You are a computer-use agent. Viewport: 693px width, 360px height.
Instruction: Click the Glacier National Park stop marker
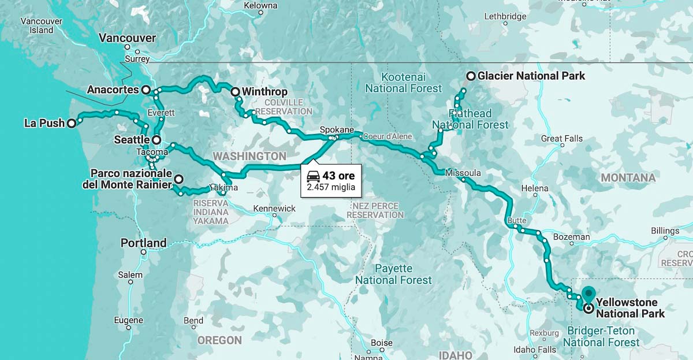[x=471, y=76]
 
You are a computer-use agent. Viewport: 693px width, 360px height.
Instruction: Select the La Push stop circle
[x=71, y=123]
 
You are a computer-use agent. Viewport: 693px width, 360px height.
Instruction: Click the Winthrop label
[x=264, y=92]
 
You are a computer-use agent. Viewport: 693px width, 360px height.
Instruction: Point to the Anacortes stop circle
[x=146, y=90]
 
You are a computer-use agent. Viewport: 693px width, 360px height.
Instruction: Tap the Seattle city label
[x=132, y=140]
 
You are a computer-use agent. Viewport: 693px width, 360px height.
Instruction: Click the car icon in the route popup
[x=313, y=176]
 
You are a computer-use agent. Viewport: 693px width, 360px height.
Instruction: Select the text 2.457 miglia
[x=331, y=187]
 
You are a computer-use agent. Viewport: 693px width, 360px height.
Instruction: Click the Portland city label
[x=143, y=243]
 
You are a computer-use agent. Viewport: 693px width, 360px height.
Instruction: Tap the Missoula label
[x=463, y=173]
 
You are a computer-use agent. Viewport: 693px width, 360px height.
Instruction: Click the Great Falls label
[x=561, y=139]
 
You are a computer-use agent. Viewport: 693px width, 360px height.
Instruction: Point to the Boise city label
[x=381, y=343]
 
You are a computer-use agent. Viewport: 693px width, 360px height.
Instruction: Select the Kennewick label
[x=274, y=208]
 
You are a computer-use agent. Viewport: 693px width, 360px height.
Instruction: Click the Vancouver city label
[x=127, y=38]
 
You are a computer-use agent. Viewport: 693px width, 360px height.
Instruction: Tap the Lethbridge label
[x=505, y=16]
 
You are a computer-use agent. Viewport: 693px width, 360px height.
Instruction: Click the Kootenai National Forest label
[x=403, y=83]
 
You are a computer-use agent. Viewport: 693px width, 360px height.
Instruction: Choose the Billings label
[x=665, y=231]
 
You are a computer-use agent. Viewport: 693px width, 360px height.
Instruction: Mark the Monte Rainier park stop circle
[x=179, y=179]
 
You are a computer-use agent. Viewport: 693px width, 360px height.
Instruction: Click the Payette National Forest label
[x=393, y=274]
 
